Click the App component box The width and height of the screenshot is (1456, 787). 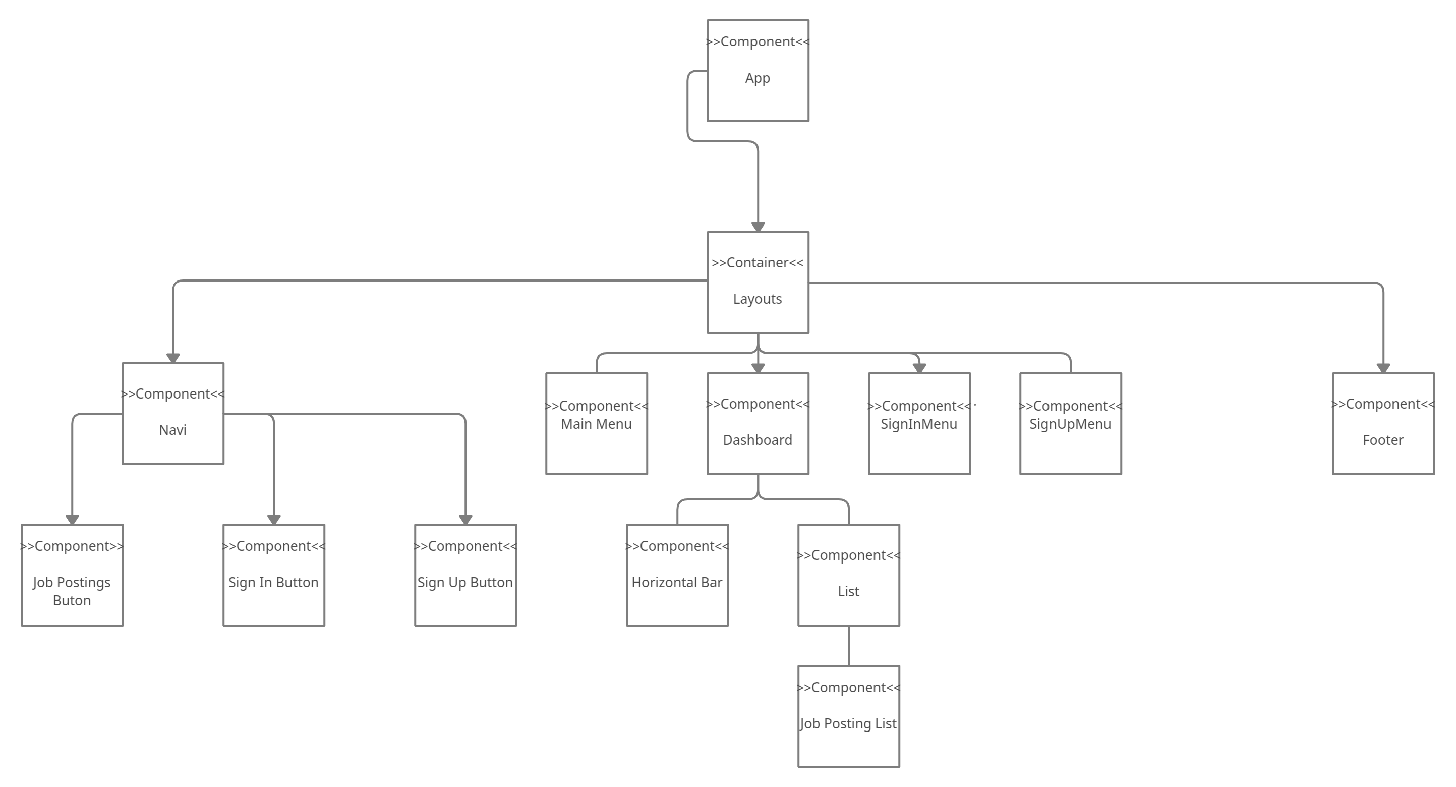(758, 71)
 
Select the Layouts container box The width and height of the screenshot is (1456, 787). (758, 282)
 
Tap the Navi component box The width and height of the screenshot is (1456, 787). (173, 413)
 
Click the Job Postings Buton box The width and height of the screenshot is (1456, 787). (72, 575)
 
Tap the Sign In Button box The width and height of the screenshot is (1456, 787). (273, 575)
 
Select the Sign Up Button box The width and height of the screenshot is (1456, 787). (465, 575)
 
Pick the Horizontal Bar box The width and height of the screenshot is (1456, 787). (677, 575)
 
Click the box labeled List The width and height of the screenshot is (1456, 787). (848, 575)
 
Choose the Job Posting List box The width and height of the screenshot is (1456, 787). (848, 716)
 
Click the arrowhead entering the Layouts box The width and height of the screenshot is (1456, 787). (758, 226)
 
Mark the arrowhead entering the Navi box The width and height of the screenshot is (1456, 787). (173, 357)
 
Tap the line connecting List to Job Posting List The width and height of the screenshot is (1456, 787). (849, 646)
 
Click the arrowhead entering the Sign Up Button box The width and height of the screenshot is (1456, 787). (465, 519)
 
